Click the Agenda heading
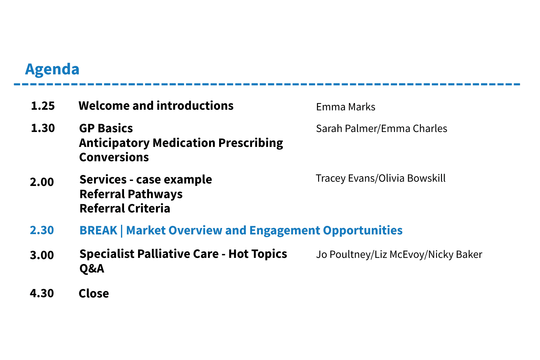click(x=52, y=70)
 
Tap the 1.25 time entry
click(x=43, y=106)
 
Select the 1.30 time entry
click(x=43, y=128)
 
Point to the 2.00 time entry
click(x=42, y=182)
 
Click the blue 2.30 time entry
click(x=42, y=230)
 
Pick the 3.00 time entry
click(x=42, y=255)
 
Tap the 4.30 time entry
click(x=42, y=293)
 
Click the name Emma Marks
click(x=346, y=107)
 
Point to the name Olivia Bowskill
click(x=412, y=178)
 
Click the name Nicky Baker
click(x=455, y=255)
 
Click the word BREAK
click(x=98, y=230)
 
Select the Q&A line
click(x=92, y=269)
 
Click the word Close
click(x=94, y=294)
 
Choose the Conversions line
click(x=114, y=157)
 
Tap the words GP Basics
click(x=106, y=128)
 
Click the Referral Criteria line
click(x=125, y=209)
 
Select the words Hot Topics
click(x=258, y=254)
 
